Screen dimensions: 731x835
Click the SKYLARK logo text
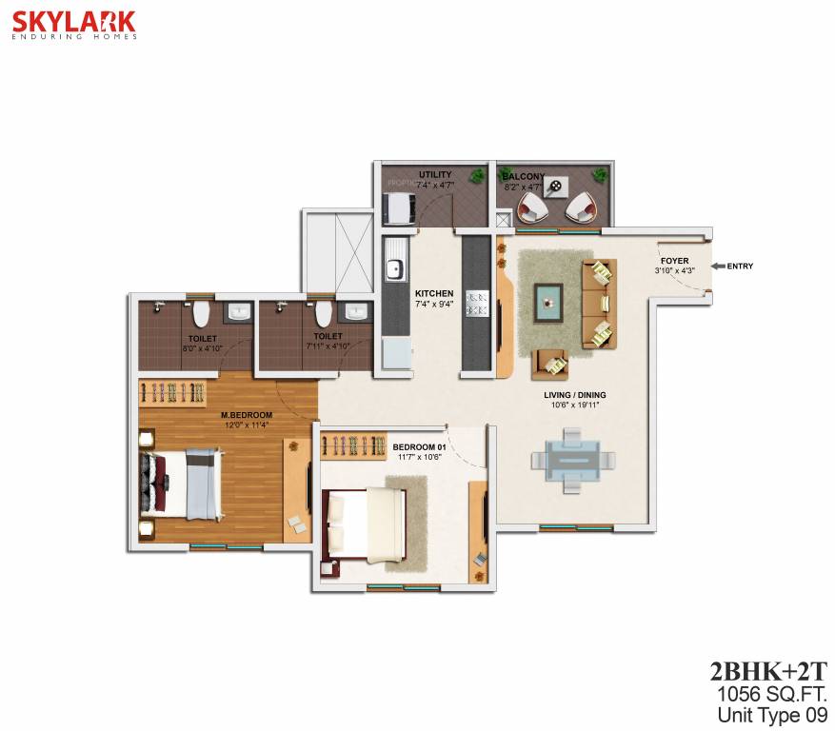pyautogui.click(x=73, y=21)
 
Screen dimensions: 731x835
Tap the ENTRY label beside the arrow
pyautogui.click(x=740, y=267)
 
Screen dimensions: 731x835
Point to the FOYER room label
pyautogui.click(x=674, y=261)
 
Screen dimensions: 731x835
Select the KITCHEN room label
pyautogui.click(x=434, y=293)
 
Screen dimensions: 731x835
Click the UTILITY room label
pyautogui.click(x=434, y=175)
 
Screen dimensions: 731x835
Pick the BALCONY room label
pyautogui.click(x=523, y=176)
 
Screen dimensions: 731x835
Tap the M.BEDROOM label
pyautogui.click(x=247, y=415)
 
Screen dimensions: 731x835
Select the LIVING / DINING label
pyautogui.click(x=574, y=394)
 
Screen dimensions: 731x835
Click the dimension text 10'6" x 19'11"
pyautogui.click(x=574, y=405)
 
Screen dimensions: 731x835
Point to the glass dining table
pyautogui.click(x=570, y=459)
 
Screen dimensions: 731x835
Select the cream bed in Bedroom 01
pyautogui.click(x=366, y=522)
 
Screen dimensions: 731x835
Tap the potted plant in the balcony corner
pyautogui.click(x=599, y=175)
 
